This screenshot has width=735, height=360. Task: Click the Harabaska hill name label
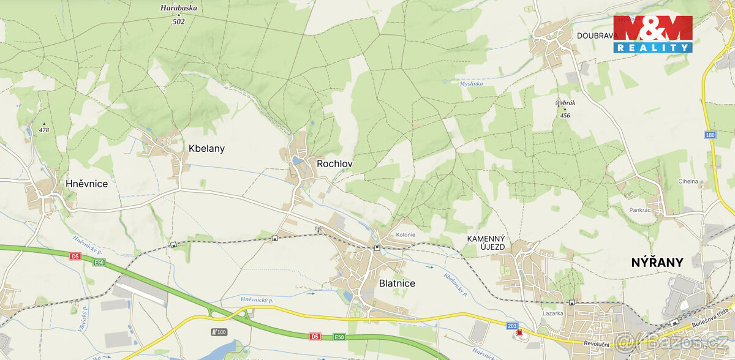[178, 8]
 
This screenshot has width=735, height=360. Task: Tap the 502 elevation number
[178, 21]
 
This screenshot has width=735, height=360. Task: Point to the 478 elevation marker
[43, 129]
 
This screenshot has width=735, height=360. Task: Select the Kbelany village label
[206, 148]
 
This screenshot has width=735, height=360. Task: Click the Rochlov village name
[334, 163]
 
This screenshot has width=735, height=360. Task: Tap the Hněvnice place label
[87, 184]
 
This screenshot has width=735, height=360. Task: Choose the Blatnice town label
[397, 283]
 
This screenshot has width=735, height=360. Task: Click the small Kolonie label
[405, 234]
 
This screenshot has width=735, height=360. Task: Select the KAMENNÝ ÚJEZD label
[486, 242]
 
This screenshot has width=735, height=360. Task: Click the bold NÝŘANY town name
[657, 262]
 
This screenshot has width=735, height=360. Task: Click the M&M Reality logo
[653, 34]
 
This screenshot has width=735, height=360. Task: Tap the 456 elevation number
[565, 116]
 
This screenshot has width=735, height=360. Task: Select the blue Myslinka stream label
[472, 83]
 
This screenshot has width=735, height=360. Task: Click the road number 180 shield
[710, 135]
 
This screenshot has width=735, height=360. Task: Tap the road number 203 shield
[512, 325]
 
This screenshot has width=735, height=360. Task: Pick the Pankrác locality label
[639, 209]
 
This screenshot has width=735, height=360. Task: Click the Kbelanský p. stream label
[455, 283]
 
